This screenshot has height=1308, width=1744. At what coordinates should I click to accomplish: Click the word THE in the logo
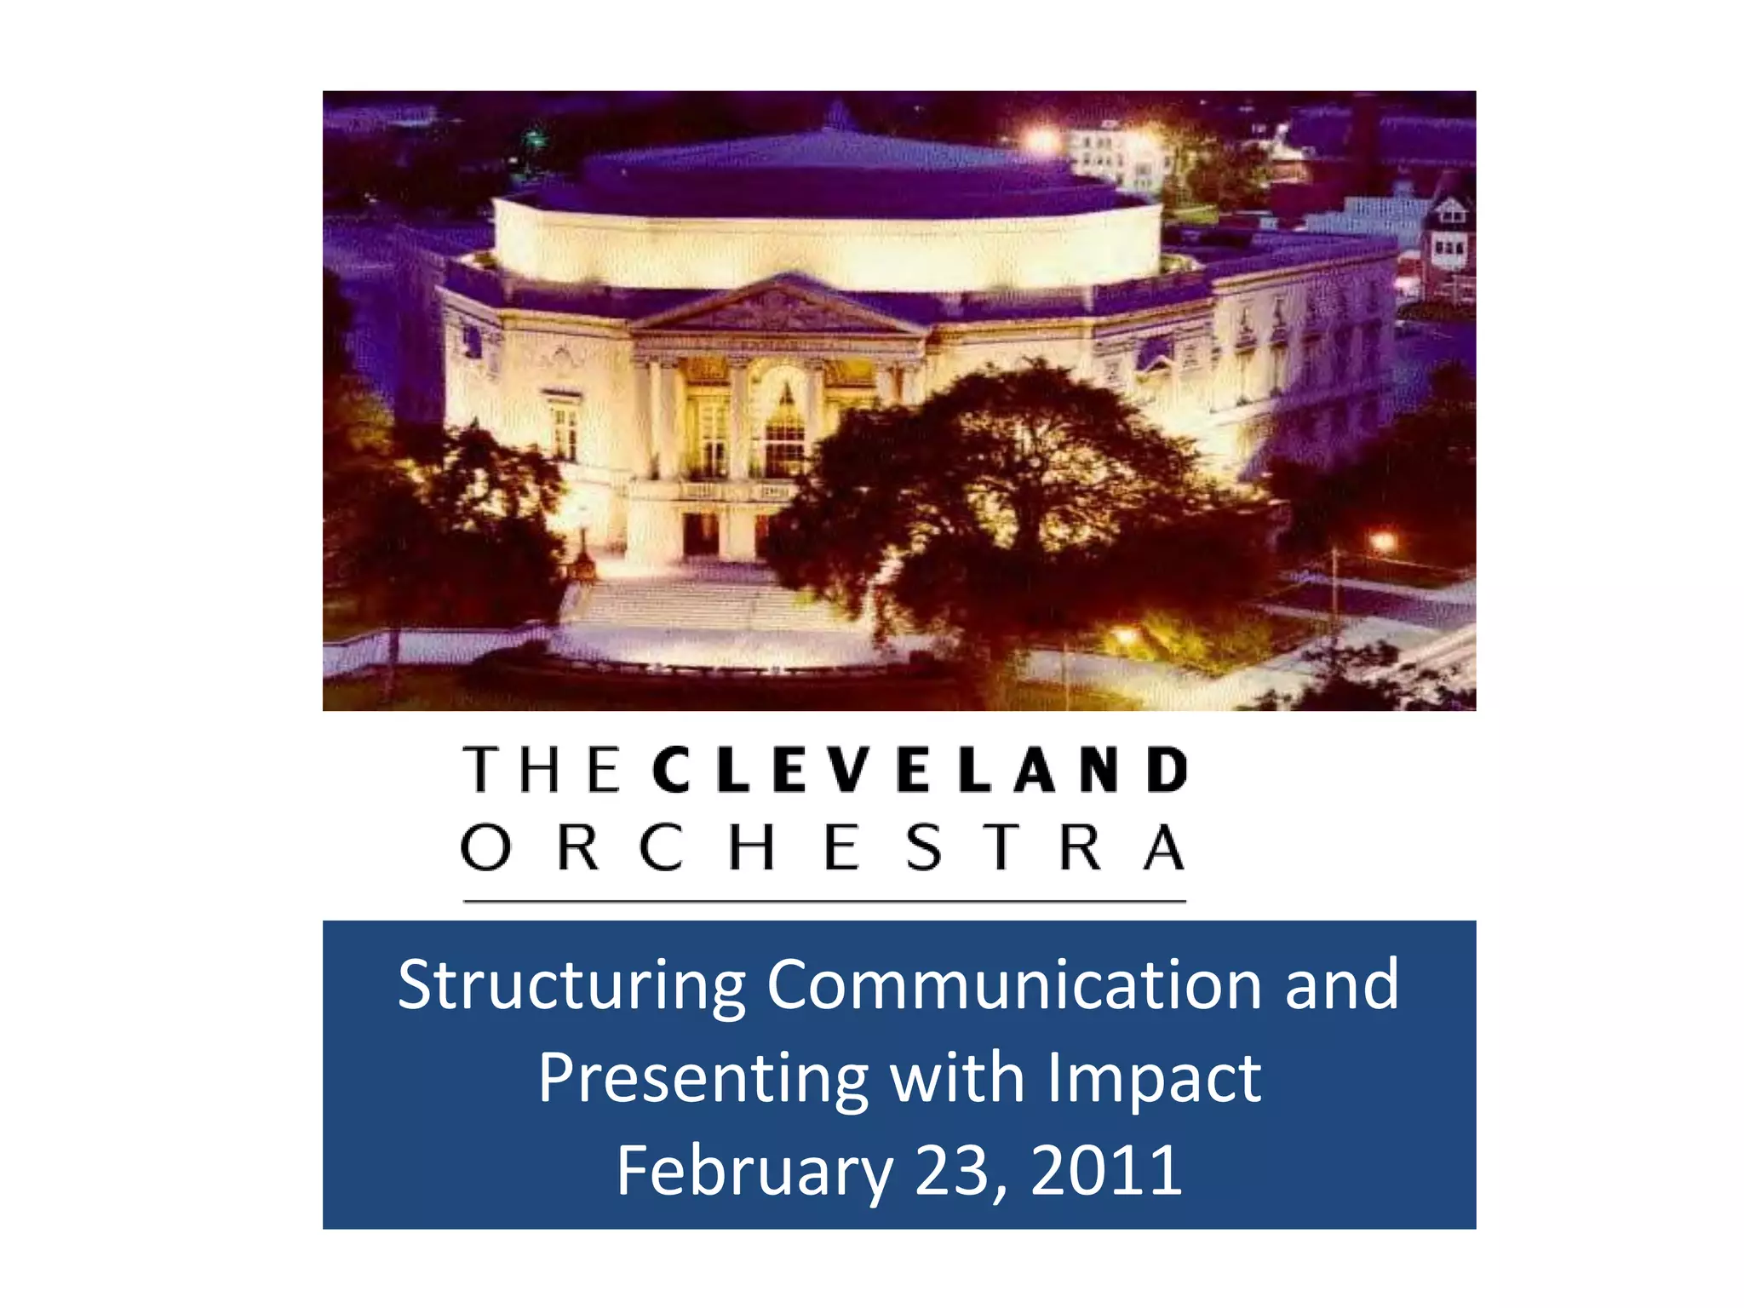(542, 769)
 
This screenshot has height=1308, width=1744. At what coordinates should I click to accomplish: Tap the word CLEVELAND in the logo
(920, 769)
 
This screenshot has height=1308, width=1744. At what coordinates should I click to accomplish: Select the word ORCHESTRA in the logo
(823, 847)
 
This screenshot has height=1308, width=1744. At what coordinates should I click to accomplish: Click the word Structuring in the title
(571, 985)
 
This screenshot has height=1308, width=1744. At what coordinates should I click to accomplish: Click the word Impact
(1154, 1078)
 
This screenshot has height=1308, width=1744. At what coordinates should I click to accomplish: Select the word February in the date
(754, 1171)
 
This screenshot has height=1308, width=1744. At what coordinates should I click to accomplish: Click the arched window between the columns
(784, 426)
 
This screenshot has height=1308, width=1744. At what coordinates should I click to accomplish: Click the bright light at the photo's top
(1041, 139)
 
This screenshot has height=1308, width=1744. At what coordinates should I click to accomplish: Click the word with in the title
(956, 1078)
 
